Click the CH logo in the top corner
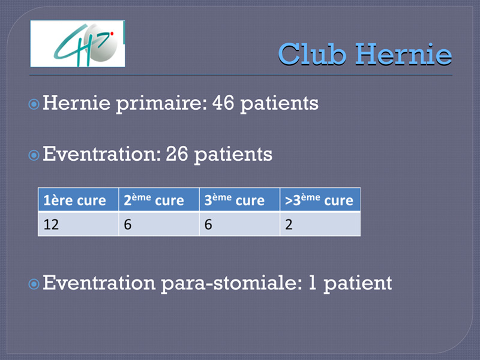(77, 43)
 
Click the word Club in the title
(312, 54)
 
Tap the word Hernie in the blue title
(403, 54)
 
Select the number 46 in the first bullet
(223, 103)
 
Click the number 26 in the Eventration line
(176, 154)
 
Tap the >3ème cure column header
(320, 200)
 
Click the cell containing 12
(79, 224)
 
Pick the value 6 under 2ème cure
(159, 224)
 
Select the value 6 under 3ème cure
(239, 224)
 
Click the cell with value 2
(320, 224)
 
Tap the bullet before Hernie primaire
(34, 104)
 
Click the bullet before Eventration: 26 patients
(34, 155)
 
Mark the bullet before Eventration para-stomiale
(34, 284)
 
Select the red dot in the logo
(112, 34)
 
